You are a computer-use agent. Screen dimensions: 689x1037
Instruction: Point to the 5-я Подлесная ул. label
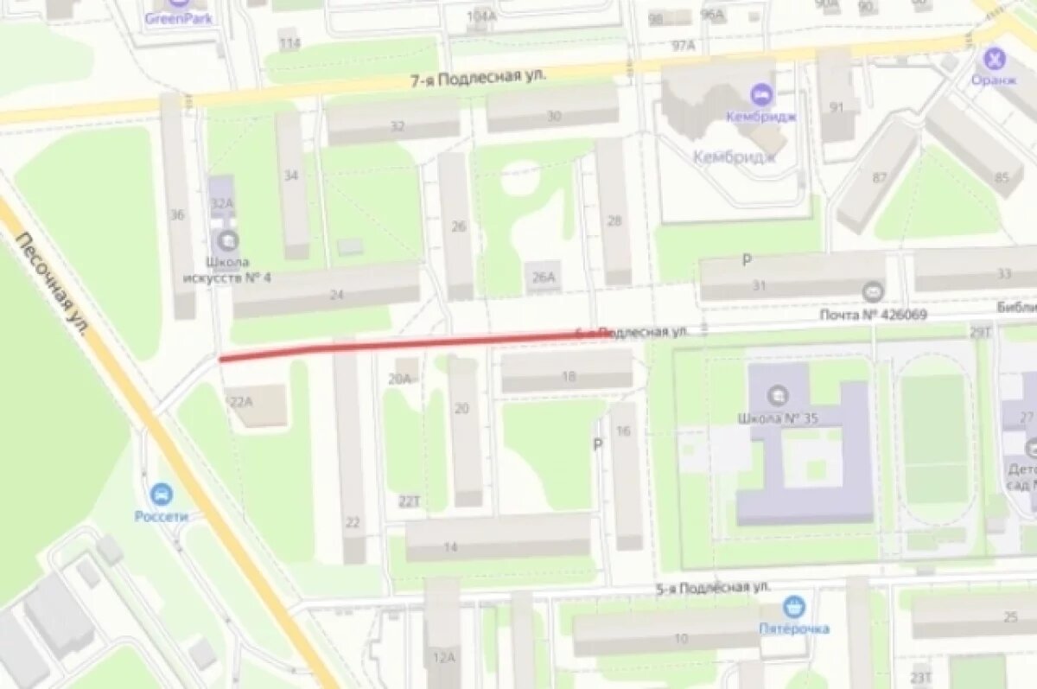pos(712,588)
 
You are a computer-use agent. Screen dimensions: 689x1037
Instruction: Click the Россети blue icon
pos(161,495)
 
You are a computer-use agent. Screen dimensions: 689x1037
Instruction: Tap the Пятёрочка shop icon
pos(793,608)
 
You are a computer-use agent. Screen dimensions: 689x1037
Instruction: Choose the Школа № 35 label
pos(778,418)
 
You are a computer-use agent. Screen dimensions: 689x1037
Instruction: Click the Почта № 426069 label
pos(873,315)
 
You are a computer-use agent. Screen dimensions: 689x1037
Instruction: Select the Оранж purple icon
pos(996,60)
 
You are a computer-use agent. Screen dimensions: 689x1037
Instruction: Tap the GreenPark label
pos(179,18)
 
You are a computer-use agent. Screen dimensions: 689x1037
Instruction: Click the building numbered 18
pos(567,374)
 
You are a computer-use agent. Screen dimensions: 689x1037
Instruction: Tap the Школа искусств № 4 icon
pos(228,239)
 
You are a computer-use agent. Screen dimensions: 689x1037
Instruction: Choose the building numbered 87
pos(878,178)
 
